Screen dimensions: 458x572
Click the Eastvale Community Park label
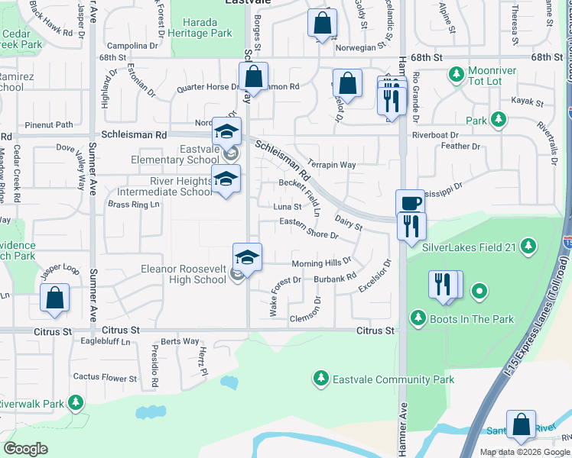point(393,379)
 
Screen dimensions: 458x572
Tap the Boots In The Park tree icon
point(418,317)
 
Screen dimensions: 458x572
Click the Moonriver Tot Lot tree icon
point(457,74)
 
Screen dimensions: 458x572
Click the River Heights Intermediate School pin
point(226,179)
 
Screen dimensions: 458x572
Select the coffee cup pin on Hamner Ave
point(410,202)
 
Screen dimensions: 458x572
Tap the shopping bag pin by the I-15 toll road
point(522,425)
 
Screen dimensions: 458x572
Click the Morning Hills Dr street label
point(320,263)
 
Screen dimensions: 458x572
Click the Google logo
point(26,449)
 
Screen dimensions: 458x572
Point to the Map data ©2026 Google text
point(525,452)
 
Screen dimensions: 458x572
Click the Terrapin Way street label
point(332,165)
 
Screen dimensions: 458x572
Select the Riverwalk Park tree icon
point(75,402)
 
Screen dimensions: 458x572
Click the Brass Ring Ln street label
point(133,205)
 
